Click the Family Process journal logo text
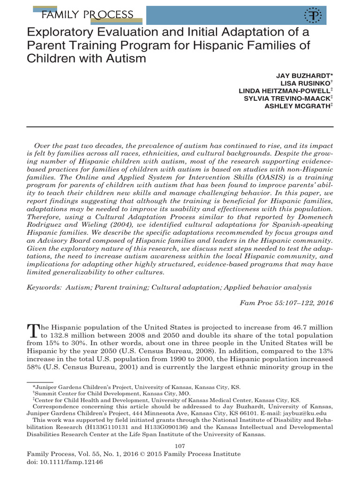[x=87, y=15]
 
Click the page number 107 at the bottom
[x=180, y=445]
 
